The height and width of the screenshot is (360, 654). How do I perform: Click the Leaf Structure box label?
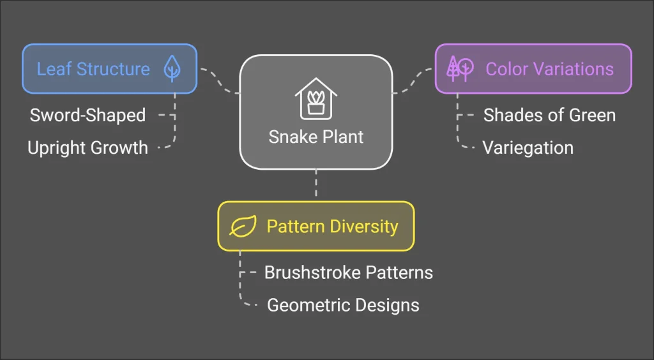(93, 69)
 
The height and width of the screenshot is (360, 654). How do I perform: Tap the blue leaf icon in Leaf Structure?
(172, 68)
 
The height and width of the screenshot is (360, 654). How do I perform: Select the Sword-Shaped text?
(87, 116)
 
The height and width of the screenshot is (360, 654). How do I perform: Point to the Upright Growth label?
(87, 148)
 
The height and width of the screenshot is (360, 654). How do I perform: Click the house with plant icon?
(316, 98)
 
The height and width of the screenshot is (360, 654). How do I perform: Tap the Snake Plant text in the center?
(316, 137)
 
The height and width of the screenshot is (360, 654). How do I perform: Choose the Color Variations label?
(550, 69)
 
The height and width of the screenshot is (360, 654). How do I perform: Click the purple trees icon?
(460, 69)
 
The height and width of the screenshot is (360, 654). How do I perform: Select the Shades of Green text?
(549, 116)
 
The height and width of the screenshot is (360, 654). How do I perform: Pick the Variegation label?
(528, 148)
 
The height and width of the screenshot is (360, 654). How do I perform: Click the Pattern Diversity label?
(332, 226)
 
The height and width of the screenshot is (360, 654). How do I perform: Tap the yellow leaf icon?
(243, 226)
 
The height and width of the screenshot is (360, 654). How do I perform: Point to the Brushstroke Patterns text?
(349, 273)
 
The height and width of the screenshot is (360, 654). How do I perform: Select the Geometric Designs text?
(343, 305)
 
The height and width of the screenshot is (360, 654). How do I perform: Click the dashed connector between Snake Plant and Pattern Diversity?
(316, 183)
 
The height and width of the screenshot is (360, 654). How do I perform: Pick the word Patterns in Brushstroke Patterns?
(400, 273)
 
